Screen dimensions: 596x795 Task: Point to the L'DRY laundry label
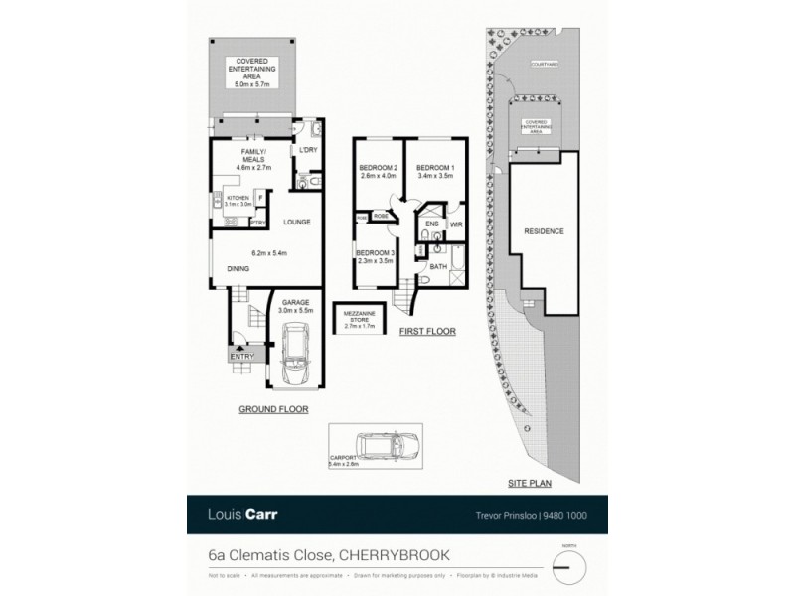tap(307, 149)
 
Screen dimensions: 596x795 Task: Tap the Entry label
tap(241, 357)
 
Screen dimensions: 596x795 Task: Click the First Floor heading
tap(427, 331)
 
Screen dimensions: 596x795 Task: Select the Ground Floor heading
tap(273, 408)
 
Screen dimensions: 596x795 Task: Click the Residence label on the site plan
tap(544, 231)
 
